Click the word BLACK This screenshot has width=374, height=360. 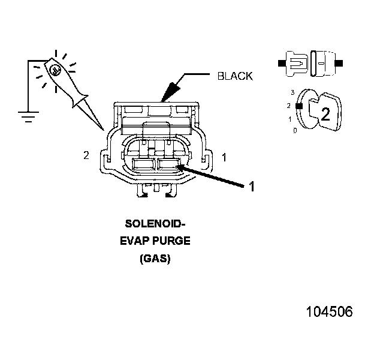234,76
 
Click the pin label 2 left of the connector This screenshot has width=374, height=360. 86,155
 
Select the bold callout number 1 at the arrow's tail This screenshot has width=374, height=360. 252,187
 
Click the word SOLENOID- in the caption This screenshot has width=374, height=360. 155,224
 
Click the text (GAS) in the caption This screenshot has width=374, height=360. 155,259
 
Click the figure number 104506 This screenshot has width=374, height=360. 329,312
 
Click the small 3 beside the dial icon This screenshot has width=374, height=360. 292,92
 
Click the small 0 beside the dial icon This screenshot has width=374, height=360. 294,130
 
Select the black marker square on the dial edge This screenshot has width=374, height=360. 297,107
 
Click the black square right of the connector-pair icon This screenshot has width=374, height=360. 339,62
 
